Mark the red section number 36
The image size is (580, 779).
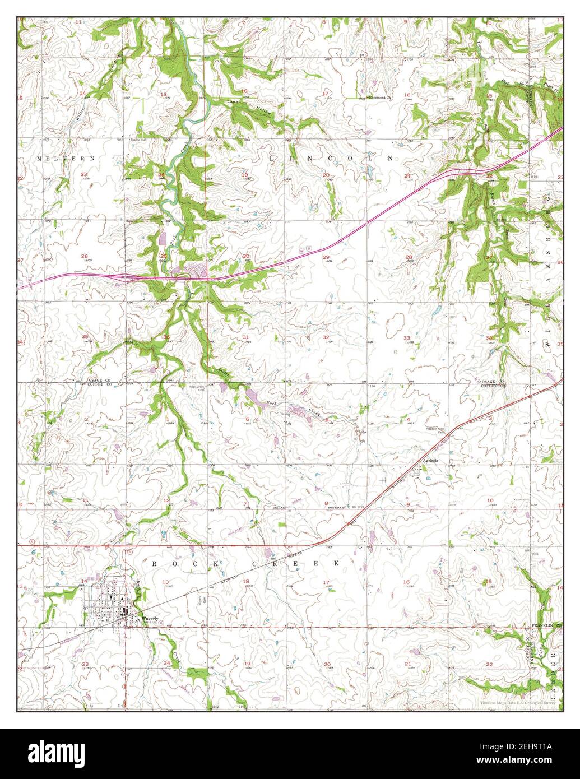click(166, 337)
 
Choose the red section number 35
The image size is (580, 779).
click(85, 336)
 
